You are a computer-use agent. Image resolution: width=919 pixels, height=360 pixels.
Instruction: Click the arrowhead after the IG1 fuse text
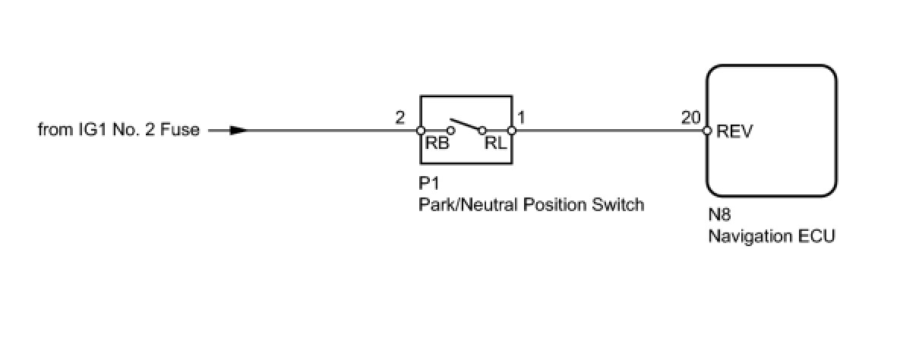click(238, 130)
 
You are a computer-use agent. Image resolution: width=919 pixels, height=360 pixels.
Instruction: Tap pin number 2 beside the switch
click(400, 118)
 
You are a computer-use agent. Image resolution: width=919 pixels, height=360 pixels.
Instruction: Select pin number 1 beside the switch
click(522, 118)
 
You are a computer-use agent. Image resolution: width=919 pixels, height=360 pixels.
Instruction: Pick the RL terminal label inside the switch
click(494, 145)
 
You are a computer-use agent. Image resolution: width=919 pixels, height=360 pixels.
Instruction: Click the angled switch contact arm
click(465, 123)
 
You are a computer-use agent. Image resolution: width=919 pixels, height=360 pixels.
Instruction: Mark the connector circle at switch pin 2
click(420, 131)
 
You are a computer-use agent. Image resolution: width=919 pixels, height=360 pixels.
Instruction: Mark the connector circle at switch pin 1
click(511, 131)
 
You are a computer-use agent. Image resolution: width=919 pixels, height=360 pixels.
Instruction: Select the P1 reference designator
click(429, 185)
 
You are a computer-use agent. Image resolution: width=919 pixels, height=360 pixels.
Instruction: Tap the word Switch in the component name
click(620, 204)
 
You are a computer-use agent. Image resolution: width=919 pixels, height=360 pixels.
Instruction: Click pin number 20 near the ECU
click(690, 118)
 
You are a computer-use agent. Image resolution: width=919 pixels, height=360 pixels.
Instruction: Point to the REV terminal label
click(734, 131)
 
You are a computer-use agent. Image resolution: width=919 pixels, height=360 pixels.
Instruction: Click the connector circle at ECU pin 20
click(707, 131)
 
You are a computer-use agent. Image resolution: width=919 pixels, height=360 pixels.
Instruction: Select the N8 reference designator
click(719, 216)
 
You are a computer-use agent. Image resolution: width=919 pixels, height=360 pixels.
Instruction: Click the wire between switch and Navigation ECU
click(608, 130)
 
